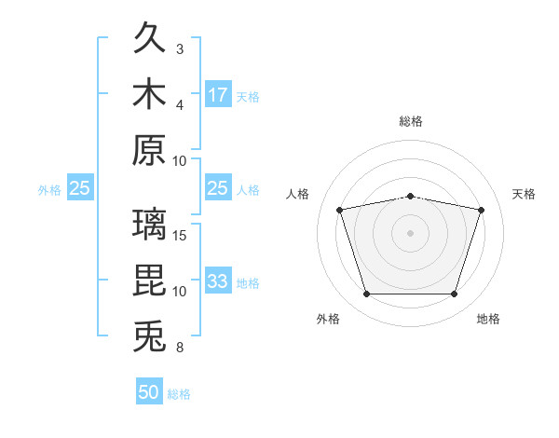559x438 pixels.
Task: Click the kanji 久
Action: click(149, 37)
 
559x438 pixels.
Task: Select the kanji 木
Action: click(149, 93)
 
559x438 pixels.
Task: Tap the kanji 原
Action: click(149, 150)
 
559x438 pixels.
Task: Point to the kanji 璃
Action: click(149, 224)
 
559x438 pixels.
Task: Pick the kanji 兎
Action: click(149, 335)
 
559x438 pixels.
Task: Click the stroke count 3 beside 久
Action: click(180, 49)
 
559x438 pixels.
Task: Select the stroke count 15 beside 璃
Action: click(179, 236)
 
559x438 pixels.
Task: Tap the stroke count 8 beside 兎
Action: click(180, 348)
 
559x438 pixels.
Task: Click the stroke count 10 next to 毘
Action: click(179, 292)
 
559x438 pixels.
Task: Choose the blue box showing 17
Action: click(218, 94)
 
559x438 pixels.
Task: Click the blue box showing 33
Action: click(218, 280)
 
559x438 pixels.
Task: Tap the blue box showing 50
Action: click(149, 390)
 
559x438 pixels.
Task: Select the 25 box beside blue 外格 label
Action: click(80, 187)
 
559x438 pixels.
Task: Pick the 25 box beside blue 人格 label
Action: click(218, 187)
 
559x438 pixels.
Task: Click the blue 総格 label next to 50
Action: click(179, 394)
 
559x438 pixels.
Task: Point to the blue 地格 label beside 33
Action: click(248, 283)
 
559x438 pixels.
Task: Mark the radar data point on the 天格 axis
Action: click(481, 210)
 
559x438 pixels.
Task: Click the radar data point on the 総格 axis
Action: click(410, 197)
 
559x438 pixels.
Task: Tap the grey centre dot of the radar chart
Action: click(410, 233)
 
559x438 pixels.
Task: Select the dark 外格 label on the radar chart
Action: click(328, 319)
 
